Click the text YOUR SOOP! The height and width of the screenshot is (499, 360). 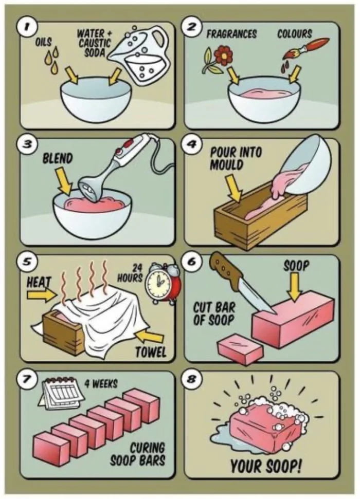(x=265, y=466)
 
